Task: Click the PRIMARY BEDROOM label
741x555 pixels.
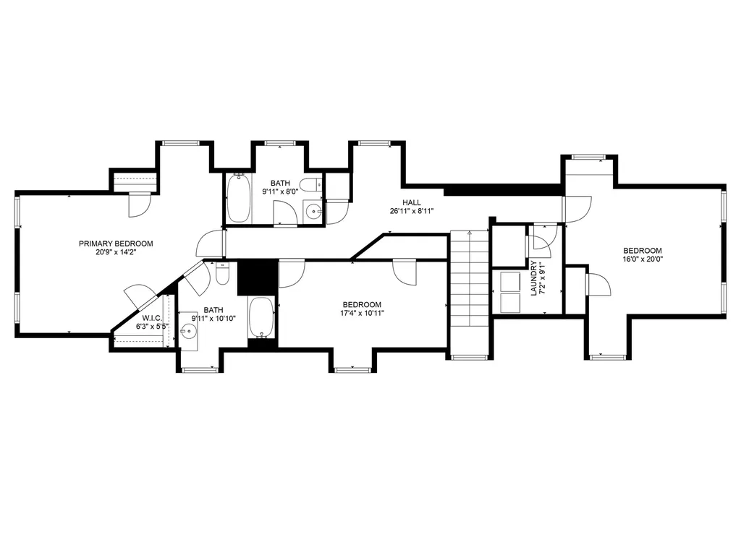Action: tap(116, 244)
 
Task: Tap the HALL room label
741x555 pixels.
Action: tap(412, 202)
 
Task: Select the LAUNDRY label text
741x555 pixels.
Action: tap(534, 278)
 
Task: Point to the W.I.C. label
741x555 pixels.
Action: tap(152, 319)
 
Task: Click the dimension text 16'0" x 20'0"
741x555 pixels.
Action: tap(643, 259)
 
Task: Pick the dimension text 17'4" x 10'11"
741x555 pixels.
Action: tap(362, 312)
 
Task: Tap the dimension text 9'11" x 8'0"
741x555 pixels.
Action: tap(280, 192)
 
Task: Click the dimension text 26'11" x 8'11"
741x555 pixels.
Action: tap(412, 211)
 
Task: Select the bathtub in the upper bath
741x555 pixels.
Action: tap(238, 198)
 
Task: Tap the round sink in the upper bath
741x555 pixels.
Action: tap(313, 212)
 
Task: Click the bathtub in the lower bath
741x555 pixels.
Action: tap(261, 317)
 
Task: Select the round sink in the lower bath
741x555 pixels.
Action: tap(188, 332)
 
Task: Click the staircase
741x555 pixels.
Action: tap(469, 292)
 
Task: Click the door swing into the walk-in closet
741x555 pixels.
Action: tap(139, 296)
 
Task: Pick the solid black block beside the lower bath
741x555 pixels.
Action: tap(258, 278)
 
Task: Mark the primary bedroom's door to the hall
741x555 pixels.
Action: tap(211, 244)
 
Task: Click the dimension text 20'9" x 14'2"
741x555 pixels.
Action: tap(116, 252)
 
